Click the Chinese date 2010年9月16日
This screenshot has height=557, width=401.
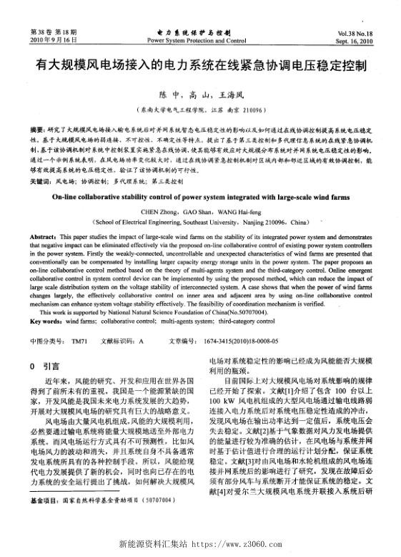click(51, 41)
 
